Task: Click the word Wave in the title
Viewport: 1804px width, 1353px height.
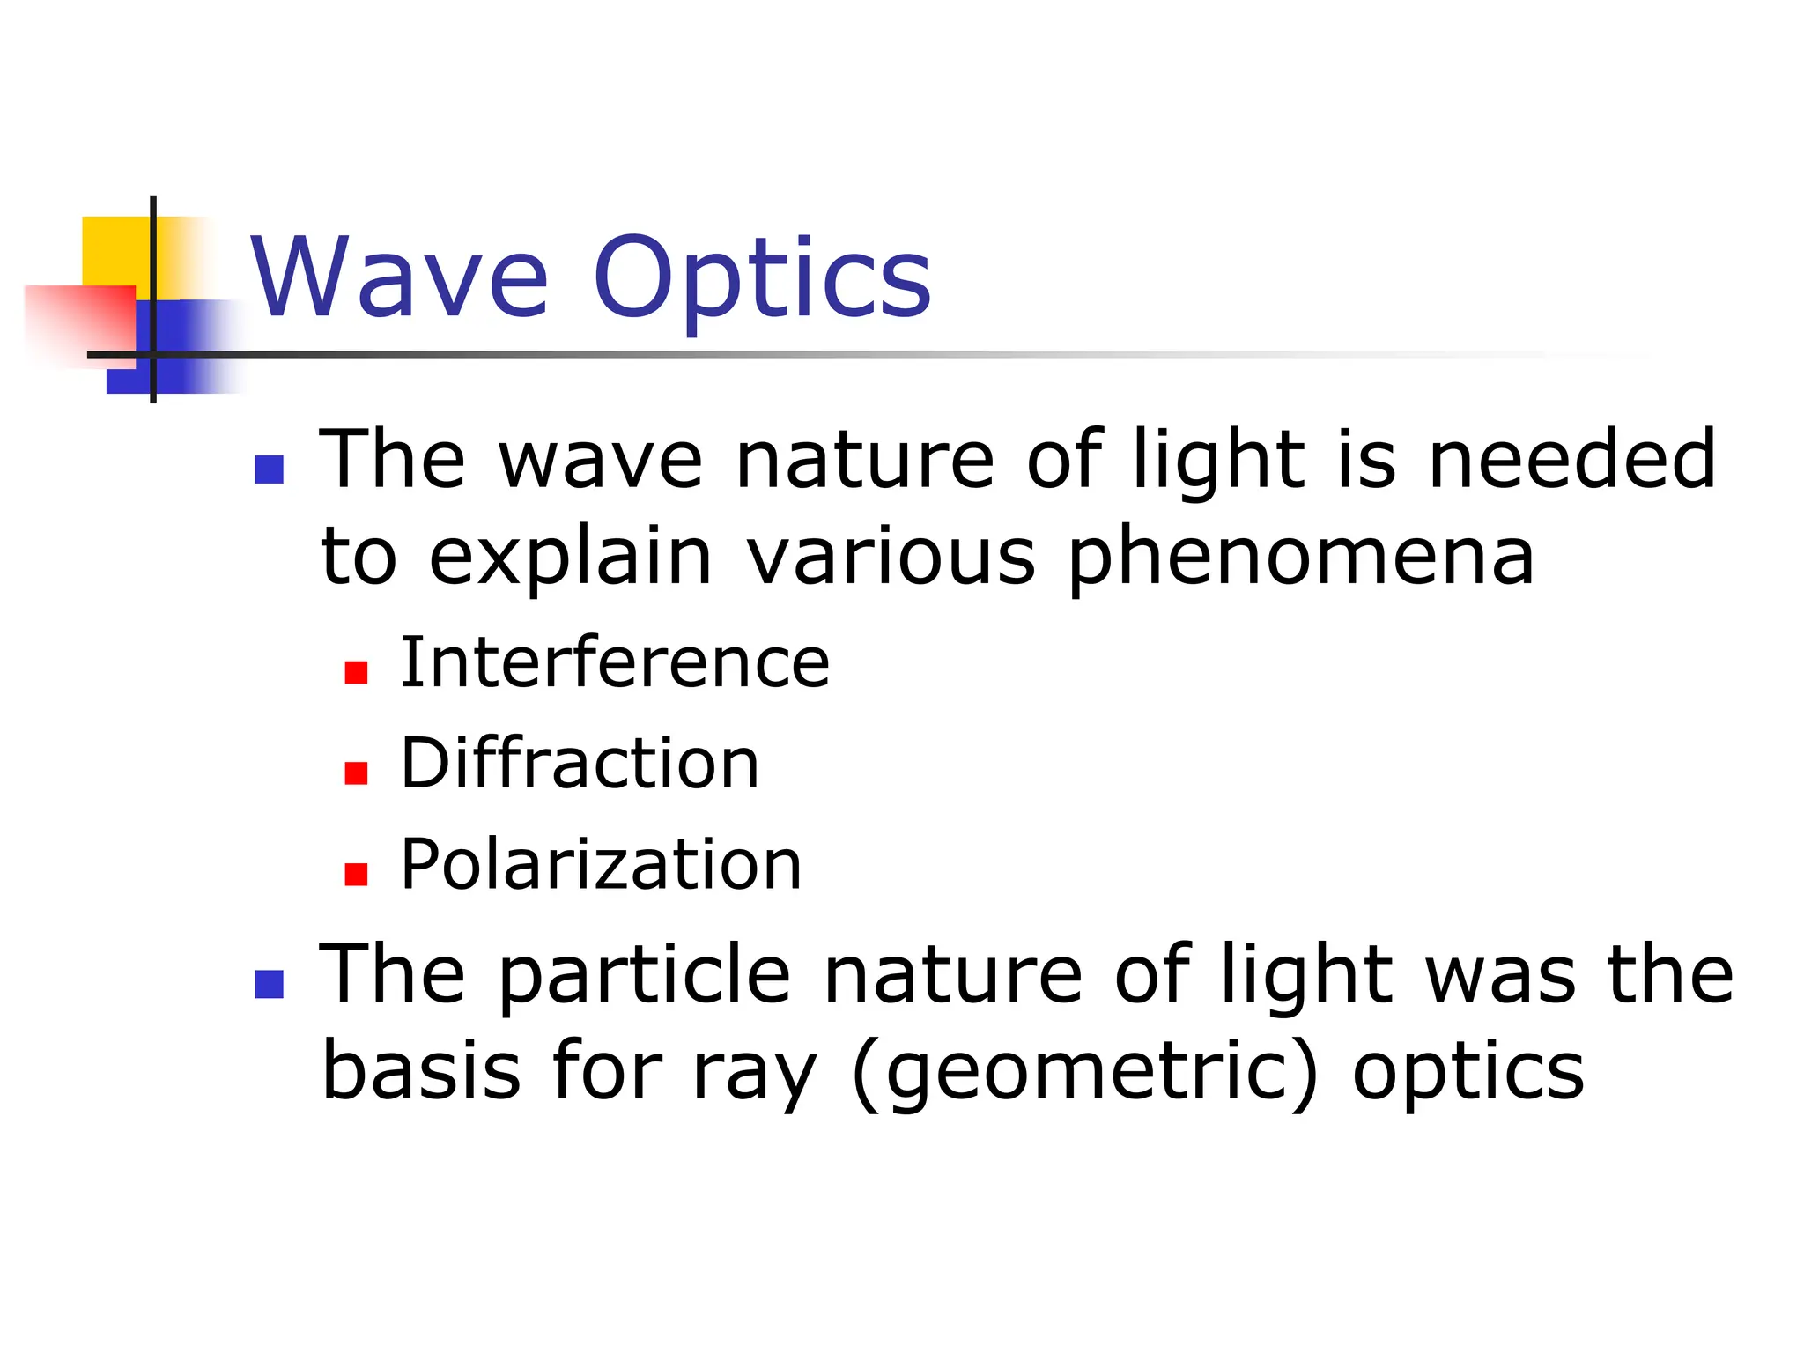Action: pyautogui.click(x=401, y=277)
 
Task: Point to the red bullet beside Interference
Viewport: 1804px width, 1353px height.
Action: pyautogui.click(x=356, y=673)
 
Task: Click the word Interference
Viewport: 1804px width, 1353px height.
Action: pyautogui.click(x=615, y=662)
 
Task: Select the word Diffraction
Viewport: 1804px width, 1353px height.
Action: pyautogui.click(x=580, y=763)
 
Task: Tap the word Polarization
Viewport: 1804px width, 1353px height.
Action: pyautogui.click(x=601, y=864)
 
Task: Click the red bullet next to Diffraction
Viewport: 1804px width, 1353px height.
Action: pyautogui.click(x=356, y=773)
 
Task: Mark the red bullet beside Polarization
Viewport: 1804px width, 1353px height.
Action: pyautogui.click(x=356, y=874)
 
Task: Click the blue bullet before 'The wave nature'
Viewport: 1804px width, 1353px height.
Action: pyautogui.click(x=269, y=469)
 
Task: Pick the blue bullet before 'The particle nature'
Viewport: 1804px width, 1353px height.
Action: pyautogui.click(x=269, y=984)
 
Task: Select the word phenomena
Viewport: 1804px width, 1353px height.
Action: pyautogui.click(x=1301, y=558)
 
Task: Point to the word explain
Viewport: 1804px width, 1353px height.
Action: pyautogui.click(x=570, y=558)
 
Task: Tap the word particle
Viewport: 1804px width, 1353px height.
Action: pyautogui.click(x=645, y=975)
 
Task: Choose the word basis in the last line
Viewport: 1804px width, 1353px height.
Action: pyautogui.click(x=421, y=1070)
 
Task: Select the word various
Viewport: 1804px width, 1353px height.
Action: pyautogui.click(x=891, y=558)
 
